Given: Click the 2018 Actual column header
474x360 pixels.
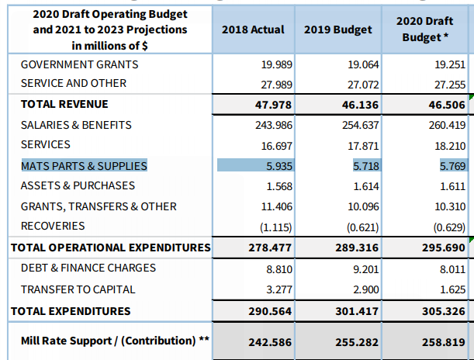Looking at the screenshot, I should coord(253,29).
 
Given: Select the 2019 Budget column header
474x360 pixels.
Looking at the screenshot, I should coord(337,29).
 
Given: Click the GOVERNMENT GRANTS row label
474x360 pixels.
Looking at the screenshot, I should coord(80,64).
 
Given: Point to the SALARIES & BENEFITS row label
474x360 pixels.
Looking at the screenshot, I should coord(76,125).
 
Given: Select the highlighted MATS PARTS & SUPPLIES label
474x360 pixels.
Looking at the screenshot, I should coord(84,165).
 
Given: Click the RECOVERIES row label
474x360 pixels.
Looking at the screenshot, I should coord(53,226).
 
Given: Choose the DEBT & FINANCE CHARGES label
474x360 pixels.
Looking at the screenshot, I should coord(88,268).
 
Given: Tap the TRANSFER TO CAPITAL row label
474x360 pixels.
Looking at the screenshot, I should coord(78,289).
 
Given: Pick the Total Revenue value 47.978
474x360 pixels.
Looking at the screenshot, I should coord(265,104).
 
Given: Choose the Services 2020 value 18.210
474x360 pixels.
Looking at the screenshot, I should coord(448,145).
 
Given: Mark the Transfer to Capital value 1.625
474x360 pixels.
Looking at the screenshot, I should coord(451,289).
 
